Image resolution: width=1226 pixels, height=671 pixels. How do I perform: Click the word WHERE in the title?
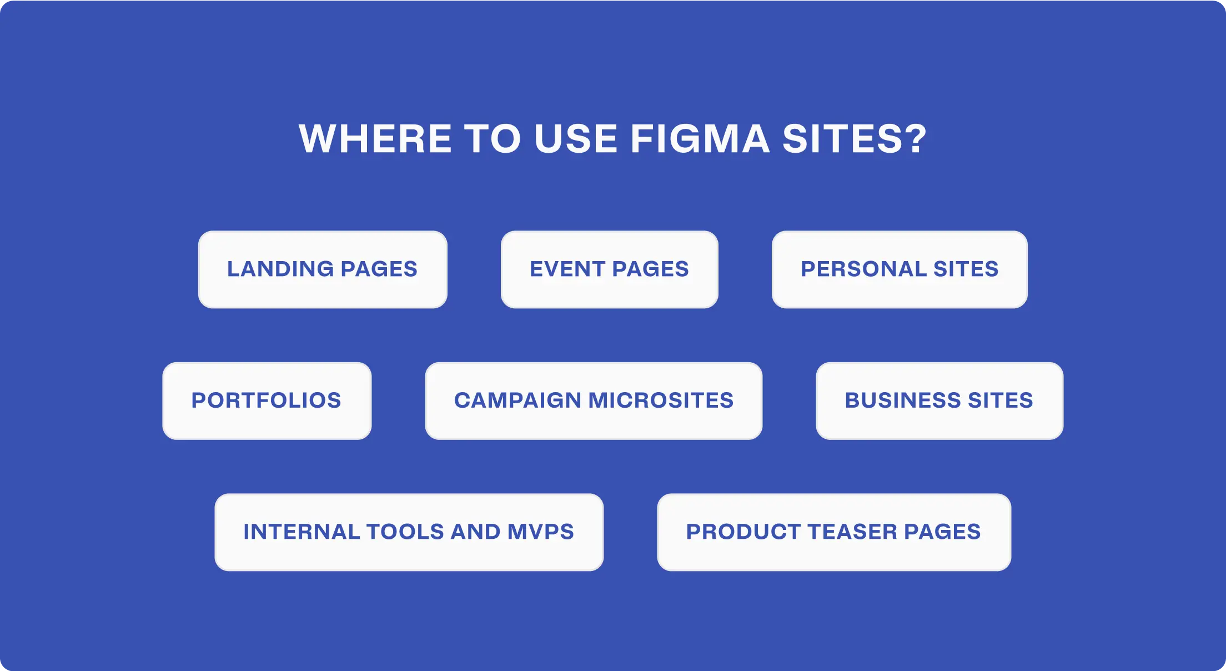point(375,138)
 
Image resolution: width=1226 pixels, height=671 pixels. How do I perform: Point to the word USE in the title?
point(576,138)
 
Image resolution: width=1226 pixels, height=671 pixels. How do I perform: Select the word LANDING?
point(280,269)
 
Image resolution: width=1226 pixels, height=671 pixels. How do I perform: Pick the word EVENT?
point(567,269)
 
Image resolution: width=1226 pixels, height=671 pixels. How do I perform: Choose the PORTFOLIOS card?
point(267,400)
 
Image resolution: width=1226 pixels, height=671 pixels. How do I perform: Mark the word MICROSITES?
point(661,400)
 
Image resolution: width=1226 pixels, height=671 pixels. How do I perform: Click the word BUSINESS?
point(903,400)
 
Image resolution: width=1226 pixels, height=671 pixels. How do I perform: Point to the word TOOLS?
point(405,532)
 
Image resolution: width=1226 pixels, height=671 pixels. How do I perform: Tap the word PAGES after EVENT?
point(650,269)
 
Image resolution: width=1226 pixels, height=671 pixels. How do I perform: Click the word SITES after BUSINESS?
point(1001,400)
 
